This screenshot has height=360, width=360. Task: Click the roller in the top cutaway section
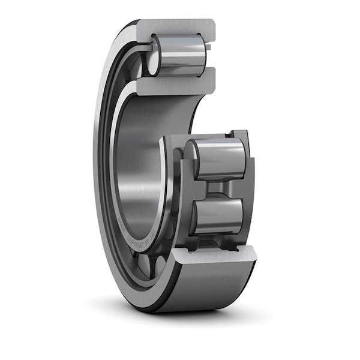[x=180, y=55]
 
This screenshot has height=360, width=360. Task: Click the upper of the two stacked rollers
[x=221, y=159]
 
